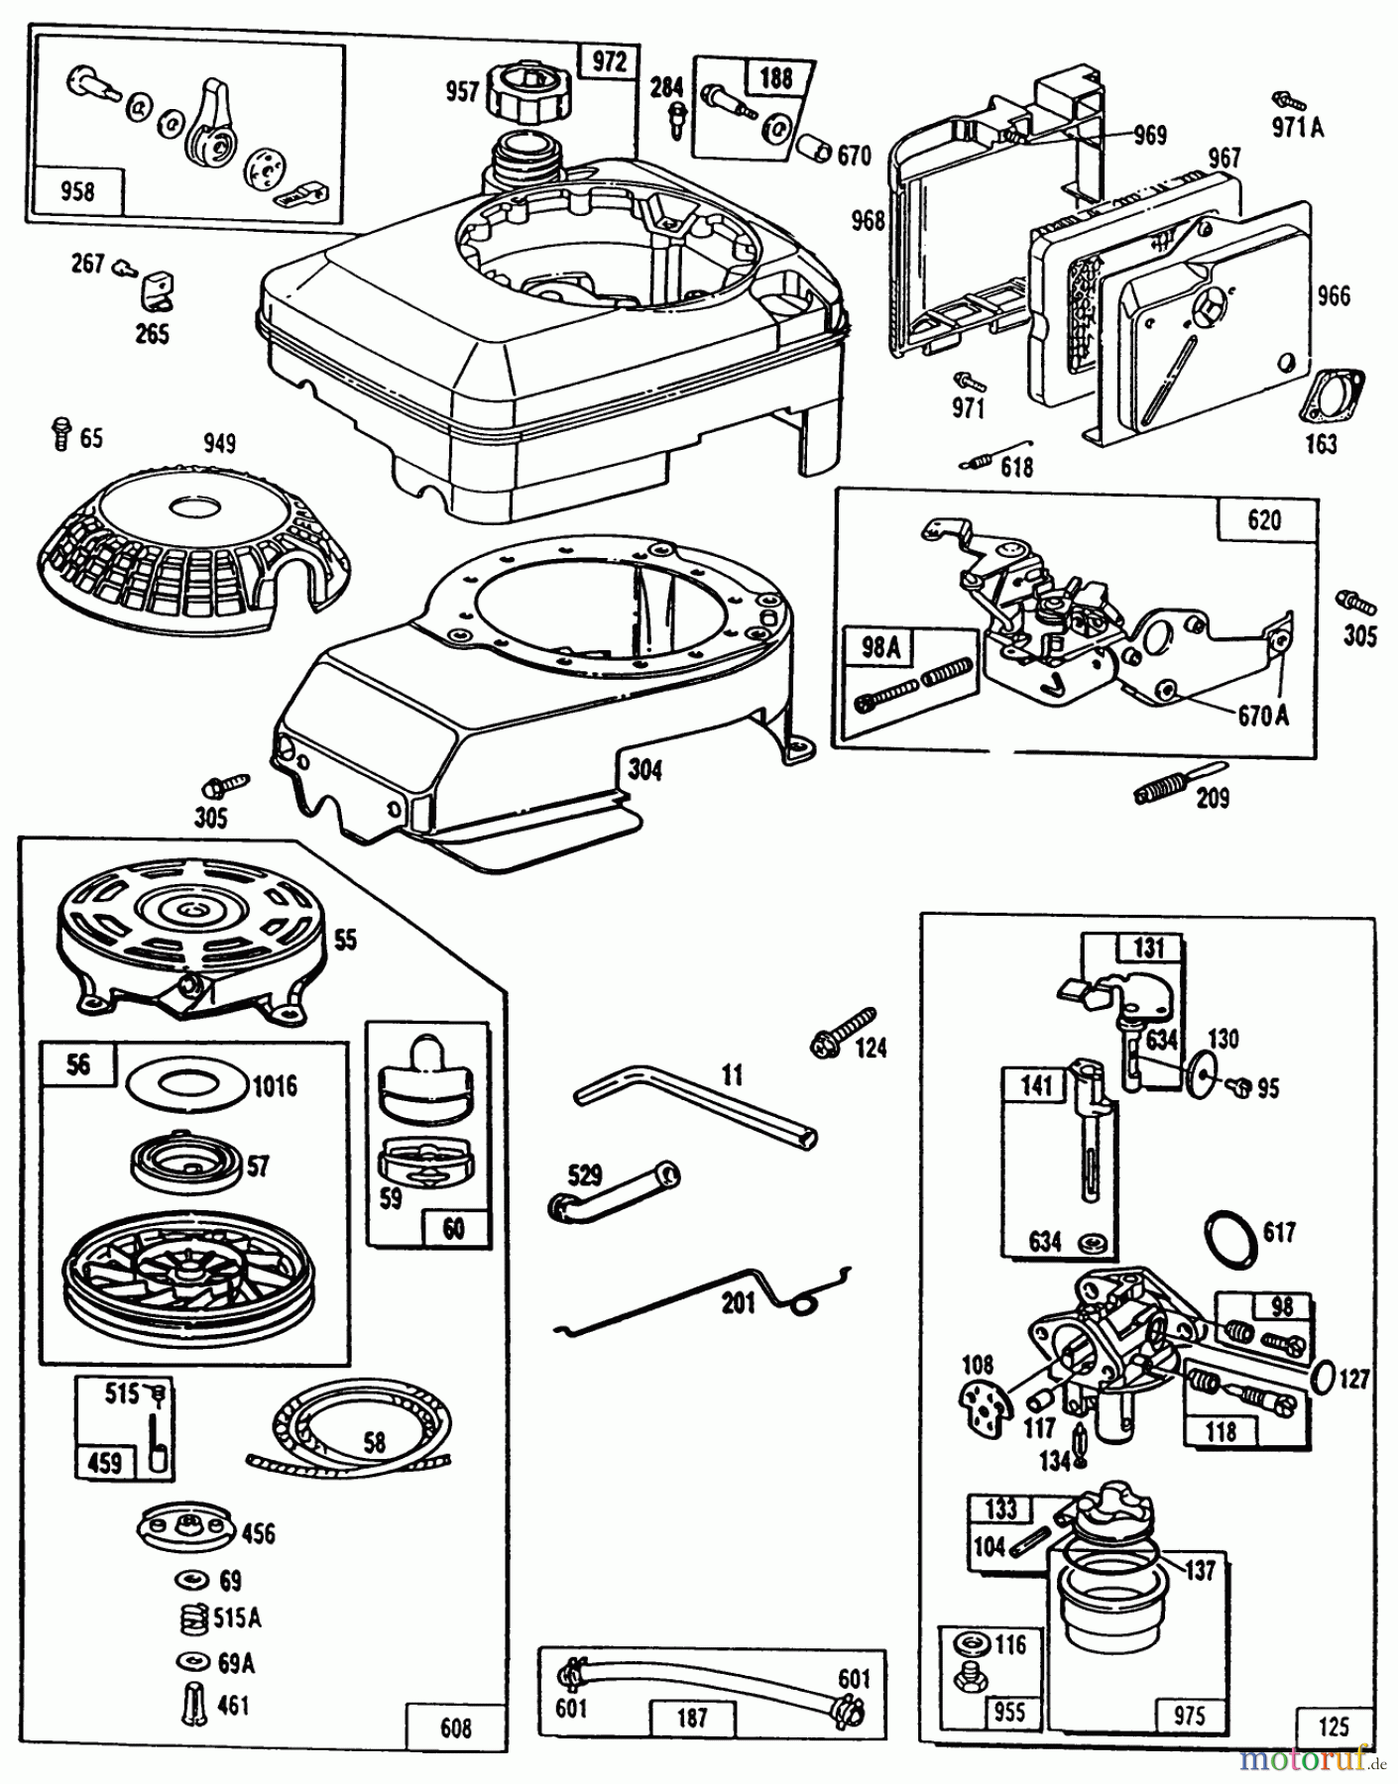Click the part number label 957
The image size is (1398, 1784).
(x=463, y=92)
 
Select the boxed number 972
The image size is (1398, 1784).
(x=610, y=61)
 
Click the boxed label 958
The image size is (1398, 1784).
(x=77, y=190)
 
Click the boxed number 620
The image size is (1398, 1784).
(x=1264, y=520)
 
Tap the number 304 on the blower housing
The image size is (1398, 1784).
(x=644, y=769)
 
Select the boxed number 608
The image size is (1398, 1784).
(x=456, y=1729)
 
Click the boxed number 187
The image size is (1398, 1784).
(x=692, y=1716)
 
